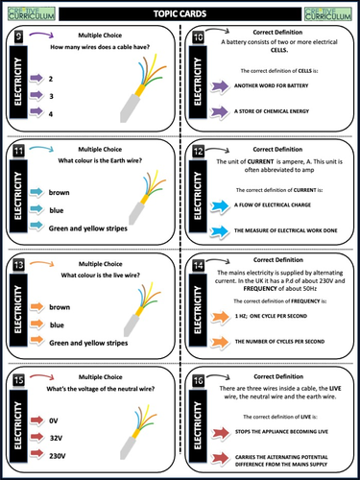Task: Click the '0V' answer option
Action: pos(54,420)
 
